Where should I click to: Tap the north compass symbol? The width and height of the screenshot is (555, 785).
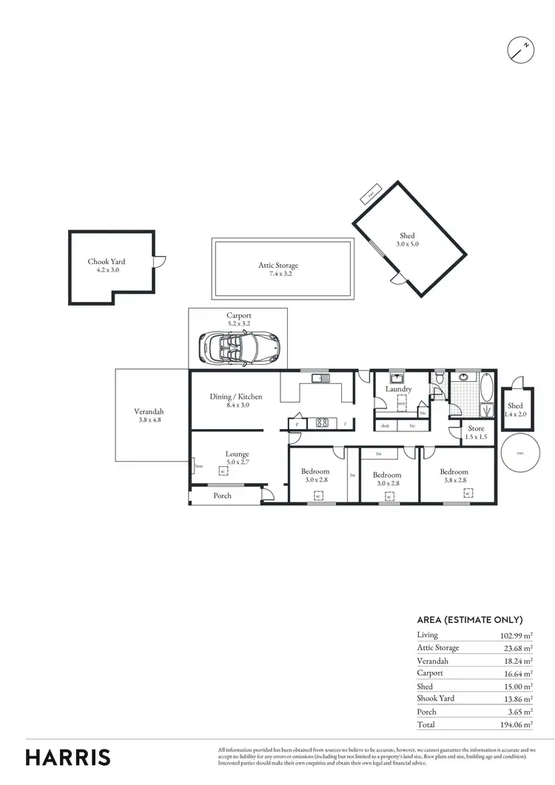tap(520, 50)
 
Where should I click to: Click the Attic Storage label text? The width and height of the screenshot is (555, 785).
tap(278, 266)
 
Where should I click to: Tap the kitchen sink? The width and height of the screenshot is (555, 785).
tap(322, 379)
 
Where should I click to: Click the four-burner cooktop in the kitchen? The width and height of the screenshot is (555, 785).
tap(323, 424)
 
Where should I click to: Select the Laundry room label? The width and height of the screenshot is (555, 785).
tap(398, 389)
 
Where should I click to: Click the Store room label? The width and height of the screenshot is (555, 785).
tap(476, 428)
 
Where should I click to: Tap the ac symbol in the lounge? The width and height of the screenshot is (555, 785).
tap(223, 470)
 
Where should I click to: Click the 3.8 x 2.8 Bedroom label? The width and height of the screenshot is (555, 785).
tap(454, 476)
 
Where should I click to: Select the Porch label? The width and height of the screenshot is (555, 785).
tap(222, 496)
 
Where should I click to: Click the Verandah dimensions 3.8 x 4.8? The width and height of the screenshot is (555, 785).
tap(149, 420)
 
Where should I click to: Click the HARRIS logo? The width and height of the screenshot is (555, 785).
tap(68, 757)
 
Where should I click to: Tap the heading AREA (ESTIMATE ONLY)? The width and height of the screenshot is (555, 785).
tap(470, 620)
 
